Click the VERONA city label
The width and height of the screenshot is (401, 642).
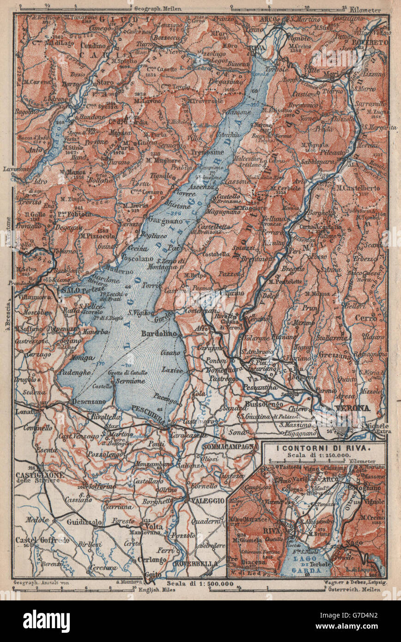[x=354, y=408]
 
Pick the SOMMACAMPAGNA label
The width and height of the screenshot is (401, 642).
[x=230, y=446]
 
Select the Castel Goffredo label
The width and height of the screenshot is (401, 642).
[x=36, y=539]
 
